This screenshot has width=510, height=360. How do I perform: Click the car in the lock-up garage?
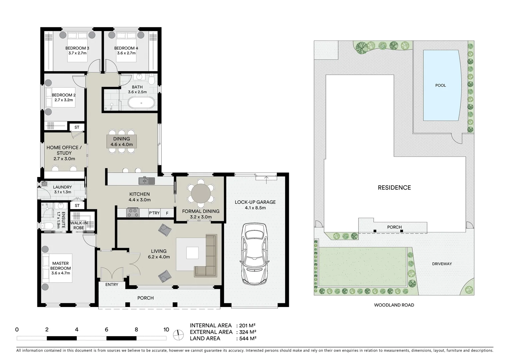(256, 253)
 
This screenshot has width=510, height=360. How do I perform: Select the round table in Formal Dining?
(201, 193)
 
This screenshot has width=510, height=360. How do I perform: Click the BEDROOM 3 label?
(77, 48)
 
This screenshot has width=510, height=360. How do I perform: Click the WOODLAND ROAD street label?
(394, 305)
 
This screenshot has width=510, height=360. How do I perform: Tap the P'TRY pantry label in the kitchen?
(154, 213)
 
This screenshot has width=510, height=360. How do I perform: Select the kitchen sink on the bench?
(147, 181)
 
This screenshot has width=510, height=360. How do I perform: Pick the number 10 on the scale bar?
(166, 330)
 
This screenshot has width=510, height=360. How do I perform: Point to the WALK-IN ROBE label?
(79, 225)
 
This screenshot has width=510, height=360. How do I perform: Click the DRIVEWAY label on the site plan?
(442, 264)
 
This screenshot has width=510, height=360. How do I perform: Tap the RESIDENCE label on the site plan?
(394, 188)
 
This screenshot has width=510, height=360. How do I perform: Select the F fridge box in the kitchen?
(167, 213)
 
